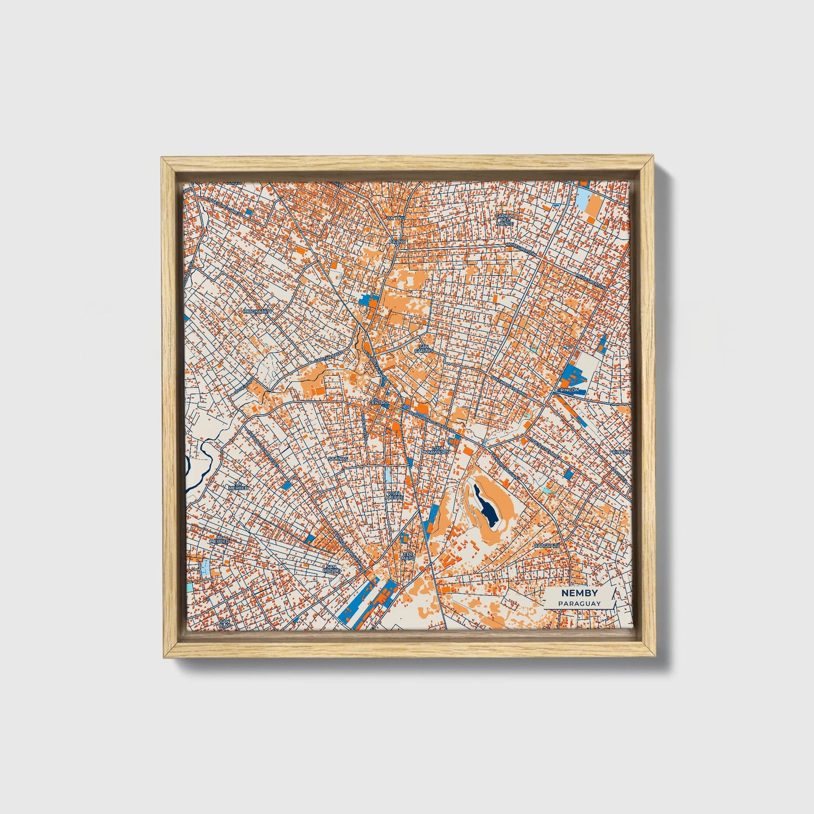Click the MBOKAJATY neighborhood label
[258, 310]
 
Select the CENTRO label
[380, 403]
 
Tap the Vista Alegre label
[394, 495]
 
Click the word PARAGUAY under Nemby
[580, 603]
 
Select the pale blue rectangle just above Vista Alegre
[388, 474]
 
